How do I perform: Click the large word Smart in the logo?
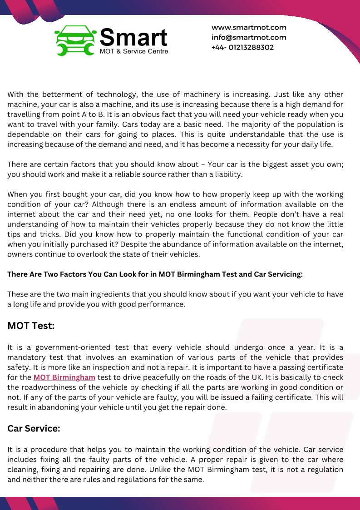coord(133,37)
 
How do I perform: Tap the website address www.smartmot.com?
coord(249,27)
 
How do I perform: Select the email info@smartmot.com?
coord(249,37)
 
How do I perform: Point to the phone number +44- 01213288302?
coord(242,47)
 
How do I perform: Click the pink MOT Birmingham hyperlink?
coord(64,377)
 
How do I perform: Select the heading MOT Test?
coord(31,326)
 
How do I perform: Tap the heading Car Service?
coord(34,428)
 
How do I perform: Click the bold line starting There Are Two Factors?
coord(155,274)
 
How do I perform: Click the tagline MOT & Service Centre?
coord(134,51)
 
